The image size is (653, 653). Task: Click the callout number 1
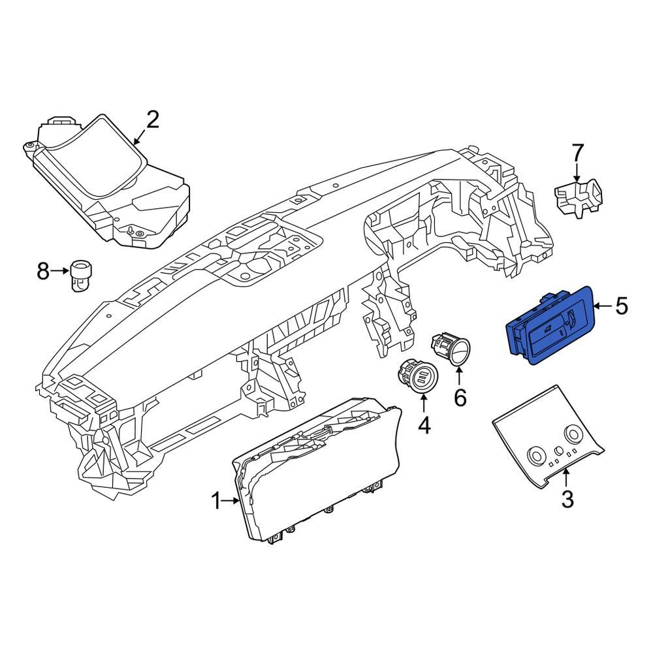[x=217, y=502]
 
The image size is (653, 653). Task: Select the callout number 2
[x=151, y=120]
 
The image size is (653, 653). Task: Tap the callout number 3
[x=567, y=500]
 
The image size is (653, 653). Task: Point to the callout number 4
[x=424, y=426]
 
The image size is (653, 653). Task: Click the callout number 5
[x=621, y=305]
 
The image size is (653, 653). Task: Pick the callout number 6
[x=460, y=397]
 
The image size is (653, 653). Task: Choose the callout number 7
[x=577, y=154]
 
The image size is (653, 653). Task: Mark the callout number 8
[x=43, y=270]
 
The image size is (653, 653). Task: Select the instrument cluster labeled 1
[x=320, y=470]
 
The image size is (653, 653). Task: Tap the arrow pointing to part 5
[x=602, y=305]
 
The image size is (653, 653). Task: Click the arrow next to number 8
[x=60, y=270]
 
